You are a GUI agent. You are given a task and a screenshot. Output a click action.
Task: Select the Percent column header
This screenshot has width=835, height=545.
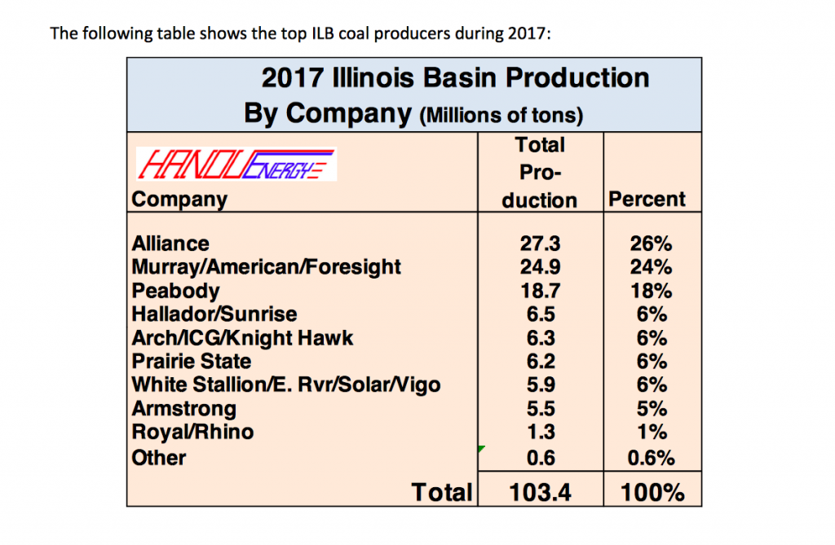[x=648, y=200]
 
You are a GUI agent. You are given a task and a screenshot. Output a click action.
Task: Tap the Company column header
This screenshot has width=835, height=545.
[x=179, y=200]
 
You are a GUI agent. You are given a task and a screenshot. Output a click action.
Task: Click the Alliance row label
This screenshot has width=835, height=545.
[x=170, y=244]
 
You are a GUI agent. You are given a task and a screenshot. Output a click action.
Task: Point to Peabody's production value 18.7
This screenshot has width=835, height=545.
[x=539, y=291]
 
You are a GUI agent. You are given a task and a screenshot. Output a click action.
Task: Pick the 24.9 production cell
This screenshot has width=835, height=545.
[x=539, y=267]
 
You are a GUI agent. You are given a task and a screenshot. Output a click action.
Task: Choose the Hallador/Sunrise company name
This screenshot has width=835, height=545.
[x=214, y=314]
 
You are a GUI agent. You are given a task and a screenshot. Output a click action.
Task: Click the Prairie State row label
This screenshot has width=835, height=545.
[x=191, y=361]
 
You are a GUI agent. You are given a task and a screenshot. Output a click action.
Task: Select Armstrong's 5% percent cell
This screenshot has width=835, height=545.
[x=650, y=408]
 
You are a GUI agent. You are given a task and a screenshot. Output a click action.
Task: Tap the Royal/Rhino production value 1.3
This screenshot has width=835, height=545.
[x=539, y=432]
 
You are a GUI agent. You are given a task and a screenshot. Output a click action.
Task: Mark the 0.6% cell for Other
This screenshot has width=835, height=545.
[x=650, y=458]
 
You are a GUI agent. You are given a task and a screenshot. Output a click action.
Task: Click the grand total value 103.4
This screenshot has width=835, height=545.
[x=539, y=491]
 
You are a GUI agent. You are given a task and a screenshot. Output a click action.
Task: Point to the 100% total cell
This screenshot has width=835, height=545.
[x=650, y=491]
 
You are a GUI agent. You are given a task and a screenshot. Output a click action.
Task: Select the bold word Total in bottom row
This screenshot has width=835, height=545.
[x=441, y=491]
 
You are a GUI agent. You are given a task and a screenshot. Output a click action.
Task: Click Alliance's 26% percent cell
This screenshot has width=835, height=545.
[x=650, y=244]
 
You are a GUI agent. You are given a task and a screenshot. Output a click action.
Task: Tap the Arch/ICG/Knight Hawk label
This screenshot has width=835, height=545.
[x=242, y=338]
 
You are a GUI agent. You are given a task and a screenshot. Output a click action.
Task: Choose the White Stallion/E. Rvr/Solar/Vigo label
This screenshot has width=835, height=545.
[x=285, y=385]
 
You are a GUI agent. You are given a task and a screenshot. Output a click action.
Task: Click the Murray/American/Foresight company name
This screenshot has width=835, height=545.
[x=266, y=267]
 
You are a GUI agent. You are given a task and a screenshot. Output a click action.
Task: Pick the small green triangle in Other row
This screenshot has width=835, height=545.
[x=481, y=448]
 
